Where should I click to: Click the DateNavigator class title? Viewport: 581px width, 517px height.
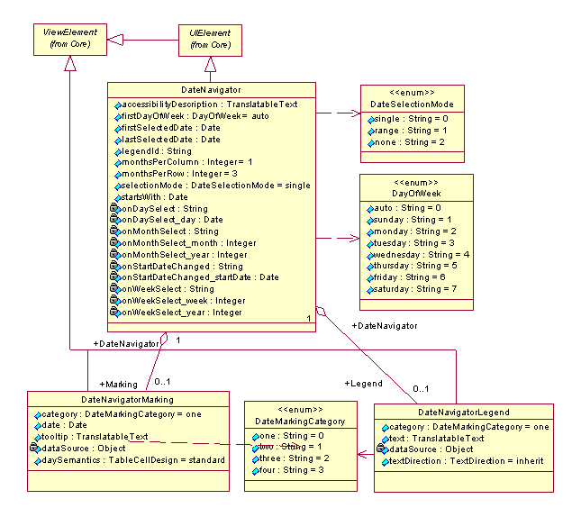[x=212, y=90]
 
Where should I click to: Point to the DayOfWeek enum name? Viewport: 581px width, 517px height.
[x=416, y=194]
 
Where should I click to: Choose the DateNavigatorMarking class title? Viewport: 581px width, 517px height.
[x=127, y=399]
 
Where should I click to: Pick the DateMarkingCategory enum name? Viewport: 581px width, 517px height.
[x=300, y=422]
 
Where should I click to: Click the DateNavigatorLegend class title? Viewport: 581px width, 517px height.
[x=464, y=413]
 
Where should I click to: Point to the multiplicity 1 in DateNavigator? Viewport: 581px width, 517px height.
[x=308, y=319]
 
